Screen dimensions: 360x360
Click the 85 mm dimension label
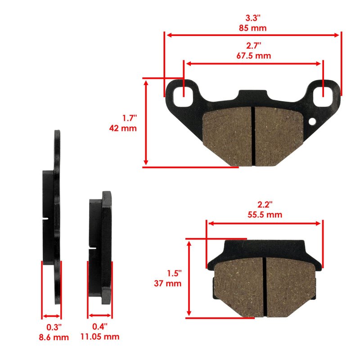coord(252,28)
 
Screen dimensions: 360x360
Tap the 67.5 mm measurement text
coord(253,55)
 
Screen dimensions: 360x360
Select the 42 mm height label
coord(123,128)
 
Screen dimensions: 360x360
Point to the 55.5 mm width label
coord(265,215)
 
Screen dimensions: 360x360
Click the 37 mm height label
coord(167,283)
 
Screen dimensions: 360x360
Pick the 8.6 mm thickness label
coord(54,337)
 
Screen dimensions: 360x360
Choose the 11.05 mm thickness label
coord(99,337)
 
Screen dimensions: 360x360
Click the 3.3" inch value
coord(253,18)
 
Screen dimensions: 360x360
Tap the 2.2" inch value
coord(265,205)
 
